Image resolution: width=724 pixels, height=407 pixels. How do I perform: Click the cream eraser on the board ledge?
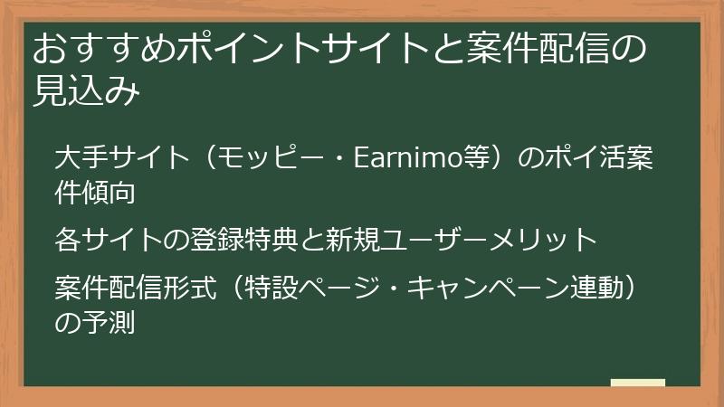tap(638, 383)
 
